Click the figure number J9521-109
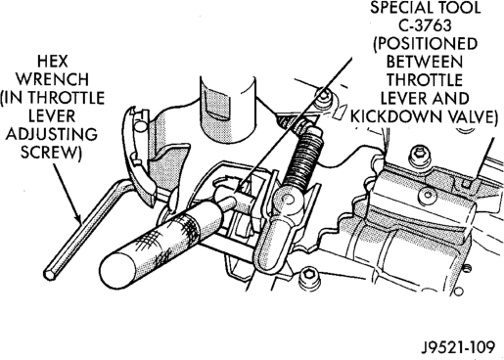pyautogui.click(x=458, y=347)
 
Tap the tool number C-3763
pyautogui.click(x=425, y=25)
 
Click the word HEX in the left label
pyautogui.click(x=52, y=62)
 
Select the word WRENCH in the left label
pyautogui.click(x=52, y=79)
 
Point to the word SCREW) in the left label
pyautogui.click(x=51, y=152)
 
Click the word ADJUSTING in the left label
pyautogui.click(x=52, y=134)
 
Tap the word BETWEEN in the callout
pyautogui.click(x=425, y=62)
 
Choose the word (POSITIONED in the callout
pyautogui.click(x=425, y=44)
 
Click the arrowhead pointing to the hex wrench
pyautogui.click(x=77, y=218)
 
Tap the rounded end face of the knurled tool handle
pyautogui.click(x=117, y=270)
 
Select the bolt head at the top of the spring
pyautogui.click(x=325, y=96)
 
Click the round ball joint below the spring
pyautogui.click(x=287, y=200)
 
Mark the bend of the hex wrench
pyautogui.click(x=123, y=186)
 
